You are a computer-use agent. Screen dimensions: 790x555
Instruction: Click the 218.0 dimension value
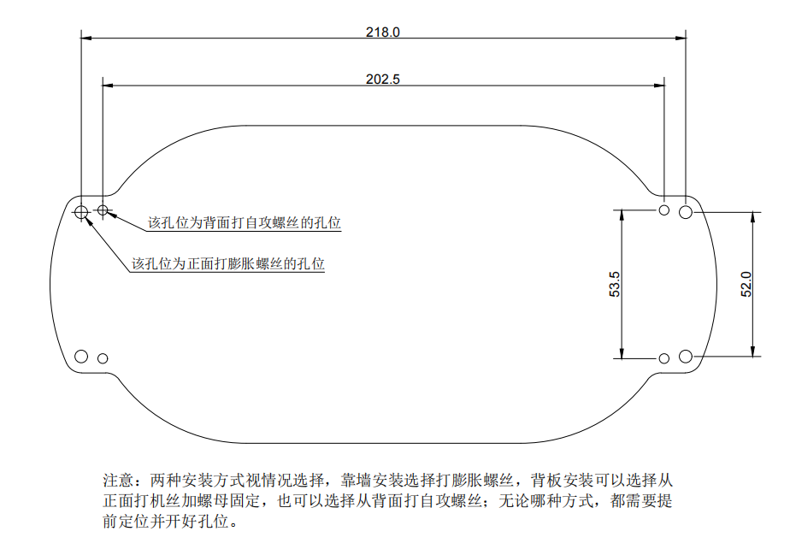383,32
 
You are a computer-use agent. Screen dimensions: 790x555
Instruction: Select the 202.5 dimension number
383,80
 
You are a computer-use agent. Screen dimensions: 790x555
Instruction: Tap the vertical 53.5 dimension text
615,284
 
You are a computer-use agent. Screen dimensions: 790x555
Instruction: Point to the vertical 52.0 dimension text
746,284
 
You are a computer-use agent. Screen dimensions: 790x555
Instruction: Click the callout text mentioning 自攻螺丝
245,223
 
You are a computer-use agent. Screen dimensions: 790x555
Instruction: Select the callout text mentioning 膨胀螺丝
228,263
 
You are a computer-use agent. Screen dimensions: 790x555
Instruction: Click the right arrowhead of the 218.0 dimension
681,38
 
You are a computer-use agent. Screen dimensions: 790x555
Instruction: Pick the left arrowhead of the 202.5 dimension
108,86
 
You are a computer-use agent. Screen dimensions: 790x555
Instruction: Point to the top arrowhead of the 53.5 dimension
622,216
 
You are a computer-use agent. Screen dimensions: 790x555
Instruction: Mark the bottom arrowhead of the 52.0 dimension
753,351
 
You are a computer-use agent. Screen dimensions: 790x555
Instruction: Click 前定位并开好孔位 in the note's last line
170,522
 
